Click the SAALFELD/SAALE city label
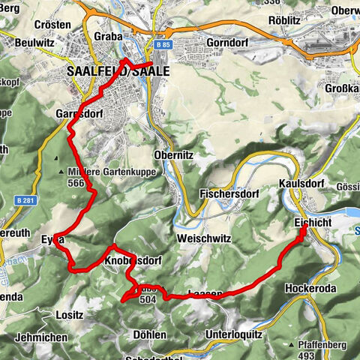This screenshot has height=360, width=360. (118, 72)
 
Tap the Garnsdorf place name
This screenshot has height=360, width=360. (79, 114)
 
